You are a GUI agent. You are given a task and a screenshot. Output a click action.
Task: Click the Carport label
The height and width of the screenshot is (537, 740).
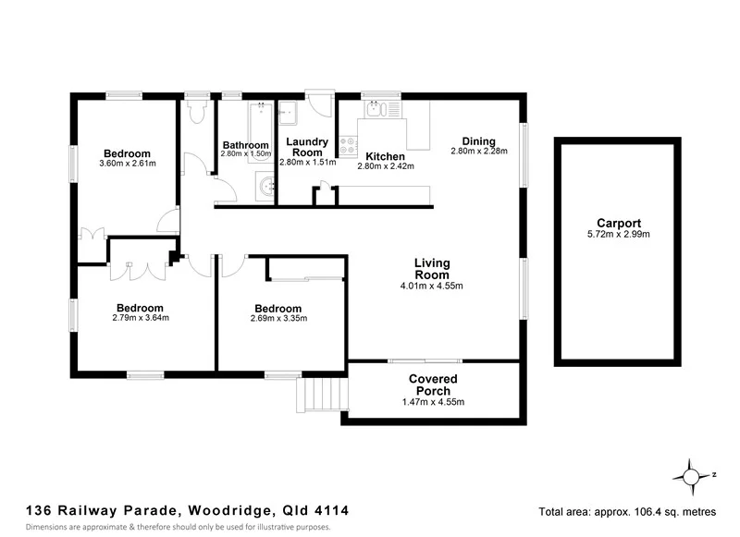tap(619, 223)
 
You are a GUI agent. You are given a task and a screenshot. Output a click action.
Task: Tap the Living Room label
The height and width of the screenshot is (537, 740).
tap(432, 269)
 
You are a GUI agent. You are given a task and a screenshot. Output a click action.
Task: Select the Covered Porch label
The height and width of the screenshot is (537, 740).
tap(433, 384)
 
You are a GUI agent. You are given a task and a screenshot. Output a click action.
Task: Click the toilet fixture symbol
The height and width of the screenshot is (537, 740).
tap(196, 112)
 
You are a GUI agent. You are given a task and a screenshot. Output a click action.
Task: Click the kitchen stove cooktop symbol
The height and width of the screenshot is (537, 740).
tap(349, 145)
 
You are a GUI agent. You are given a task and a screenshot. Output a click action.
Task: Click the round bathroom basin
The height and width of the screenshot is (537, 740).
tap(266, 186)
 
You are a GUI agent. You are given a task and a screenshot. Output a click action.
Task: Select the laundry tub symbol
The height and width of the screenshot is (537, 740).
tap(289, 111)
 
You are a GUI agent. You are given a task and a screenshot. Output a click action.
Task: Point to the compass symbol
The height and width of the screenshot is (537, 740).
tap(692, 477)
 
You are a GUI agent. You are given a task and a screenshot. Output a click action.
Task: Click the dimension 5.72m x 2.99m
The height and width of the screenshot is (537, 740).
tap(619, 235)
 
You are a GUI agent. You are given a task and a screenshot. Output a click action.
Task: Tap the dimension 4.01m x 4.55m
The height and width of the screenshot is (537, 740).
tap(432, 287)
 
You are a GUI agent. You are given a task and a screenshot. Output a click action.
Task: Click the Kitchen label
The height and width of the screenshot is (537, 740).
tap(385, 156)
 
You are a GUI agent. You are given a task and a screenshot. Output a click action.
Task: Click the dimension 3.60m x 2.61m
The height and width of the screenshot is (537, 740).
tap(127, 165)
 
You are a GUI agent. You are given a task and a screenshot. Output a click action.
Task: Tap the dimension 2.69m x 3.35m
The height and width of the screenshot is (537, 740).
tap(277, 319)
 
